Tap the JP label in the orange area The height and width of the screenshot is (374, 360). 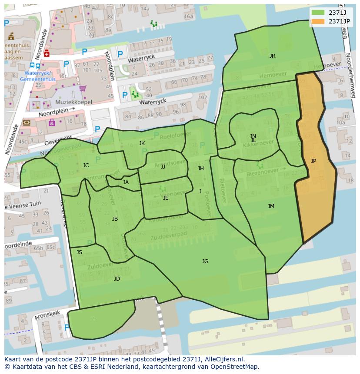(313, 161)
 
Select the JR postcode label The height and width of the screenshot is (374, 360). (272, 56)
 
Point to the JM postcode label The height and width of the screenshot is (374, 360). (271, 206)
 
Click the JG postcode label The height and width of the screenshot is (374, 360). (205, 261)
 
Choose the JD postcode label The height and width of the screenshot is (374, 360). (117, 279)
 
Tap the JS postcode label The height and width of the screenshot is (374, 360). (79, 252)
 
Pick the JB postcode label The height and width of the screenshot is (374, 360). (115, 219)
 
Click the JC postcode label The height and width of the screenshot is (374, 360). (86, 165)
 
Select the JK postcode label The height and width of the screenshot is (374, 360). (142, 143)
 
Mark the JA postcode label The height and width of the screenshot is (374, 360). (126, 182)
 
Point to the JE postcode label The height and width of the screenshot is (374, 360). (166, 198)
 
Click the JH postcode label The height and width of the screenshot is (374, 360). (200, 169)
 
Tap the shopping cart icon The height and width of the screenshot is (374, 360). (82, 89)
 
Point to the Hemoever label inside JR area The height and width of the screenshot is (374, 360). (273, 74)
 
